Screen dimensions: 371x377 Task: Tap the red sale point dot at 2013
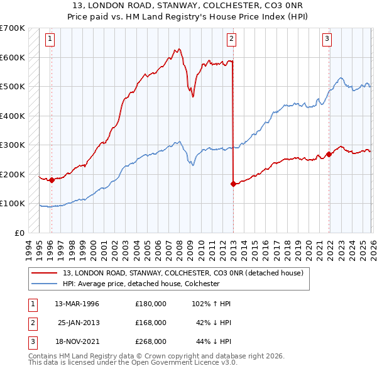pyautogui.click(x=233, y=184)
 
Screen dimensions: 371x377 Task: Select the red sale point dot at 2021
pyautogui.click(x=329, y=155)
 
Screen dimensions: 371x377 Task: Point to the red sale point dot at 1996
pyautogui.click(x=52, y=180)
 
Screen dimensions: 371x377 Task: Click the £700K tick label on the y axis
pyautogui.click(x=12, y=28)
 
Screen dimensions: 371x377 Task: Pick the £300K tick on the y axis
pyautogui.click(x=12, y=145)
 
